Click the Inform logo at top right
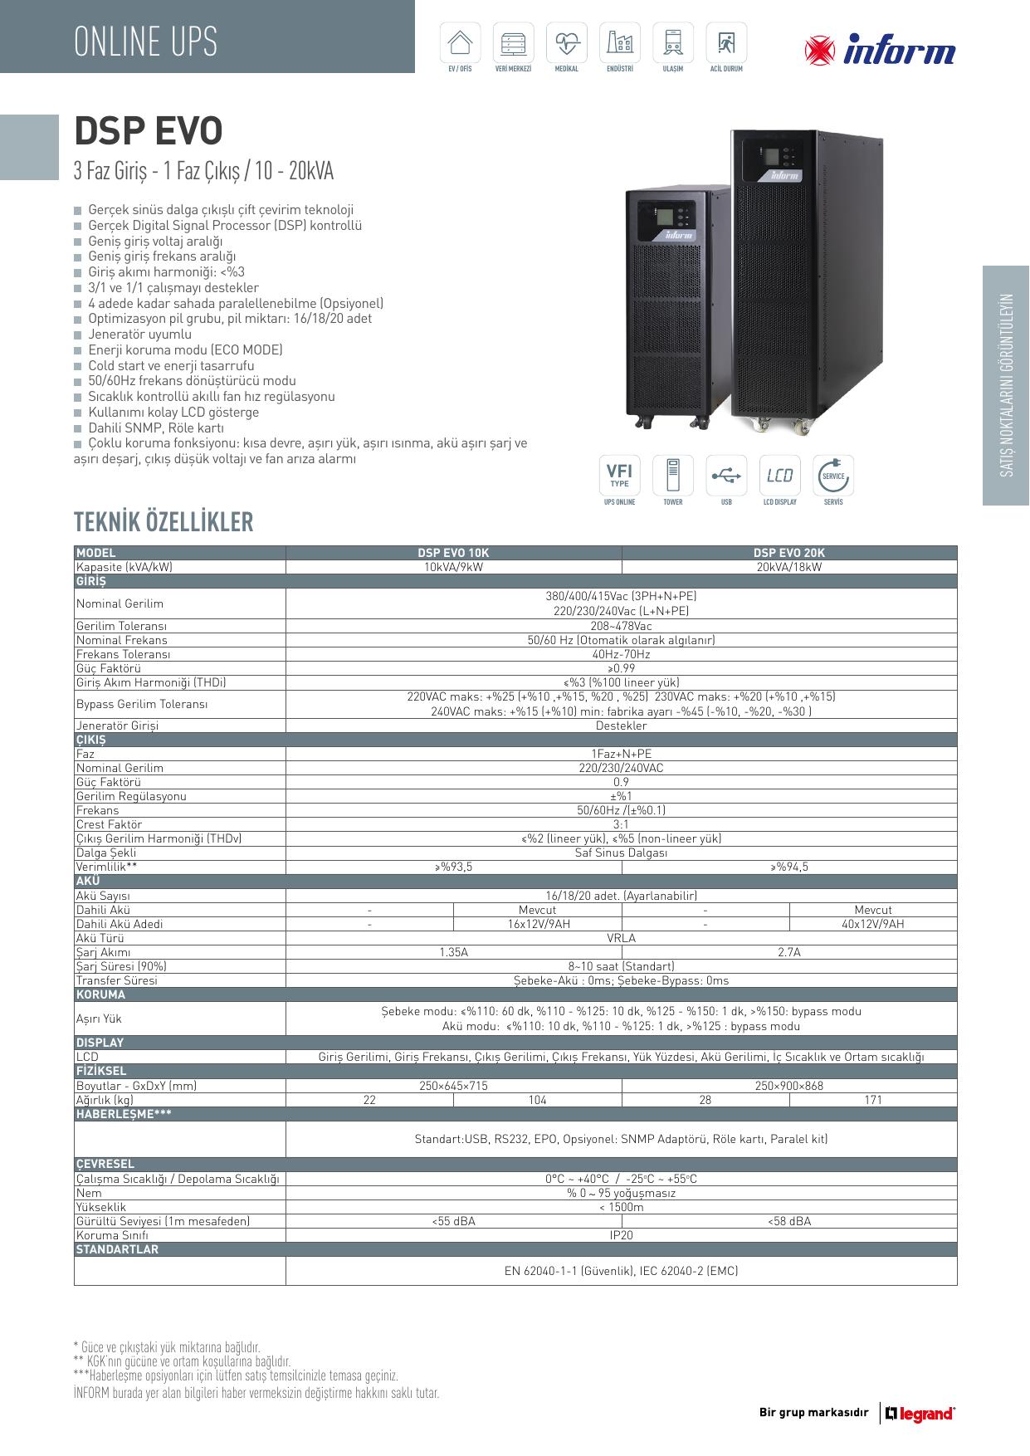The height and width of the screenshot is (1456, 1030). [880, 51]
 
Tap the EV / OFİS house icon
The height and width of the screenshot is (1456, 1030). [459, 42]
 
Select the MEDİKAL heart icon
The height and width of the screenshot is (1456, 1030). [566, 42]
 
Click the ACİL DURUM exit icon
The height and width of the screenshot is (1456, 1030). [726, 42]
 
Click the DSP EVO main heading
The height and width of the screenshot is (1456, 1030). [149, 131]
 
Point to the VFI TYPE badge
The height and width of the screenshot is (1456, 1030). [619, 476]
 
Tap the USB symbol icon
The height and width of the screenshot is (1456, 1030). [726, 476]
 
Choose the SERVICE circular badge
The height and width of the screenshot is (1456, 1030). [832, 476]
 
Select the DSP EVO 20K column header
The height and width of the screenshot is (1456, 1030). [788, 553]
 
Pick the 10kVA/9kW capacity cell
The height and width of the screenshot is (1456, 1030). [453, 567]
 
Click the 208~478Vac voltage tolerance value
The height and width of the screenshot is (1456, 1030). [621, 626]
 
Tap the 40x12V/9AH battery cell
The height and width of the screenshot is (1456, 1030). [872, 924]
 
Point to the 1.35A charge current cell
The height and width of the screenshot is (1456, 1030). [453, 952]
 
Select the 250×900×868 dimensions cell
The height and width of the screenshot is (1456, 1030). [788, 1086]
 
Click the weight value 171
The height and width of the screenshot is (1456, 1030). [872, 1100]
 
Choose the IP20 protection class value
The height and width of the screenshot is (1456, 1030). [621, 1235]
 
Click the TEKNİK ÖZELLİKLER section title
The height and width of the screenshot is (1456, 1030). [164, 522]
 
